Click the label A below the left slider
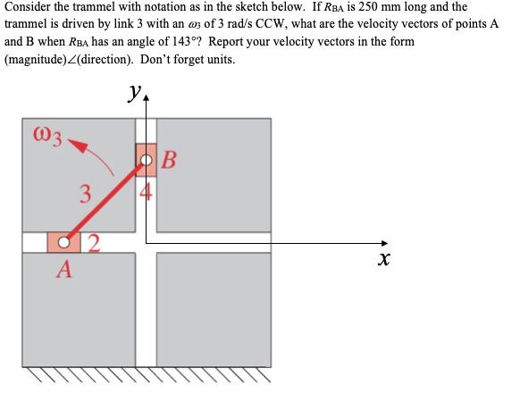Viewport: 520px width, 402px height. (x=63, y=269)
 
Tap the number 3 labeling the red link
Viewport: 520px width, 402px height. (x=84, y=193)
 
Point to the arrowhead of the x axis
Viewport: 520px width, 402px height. (x=385, y=243)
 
